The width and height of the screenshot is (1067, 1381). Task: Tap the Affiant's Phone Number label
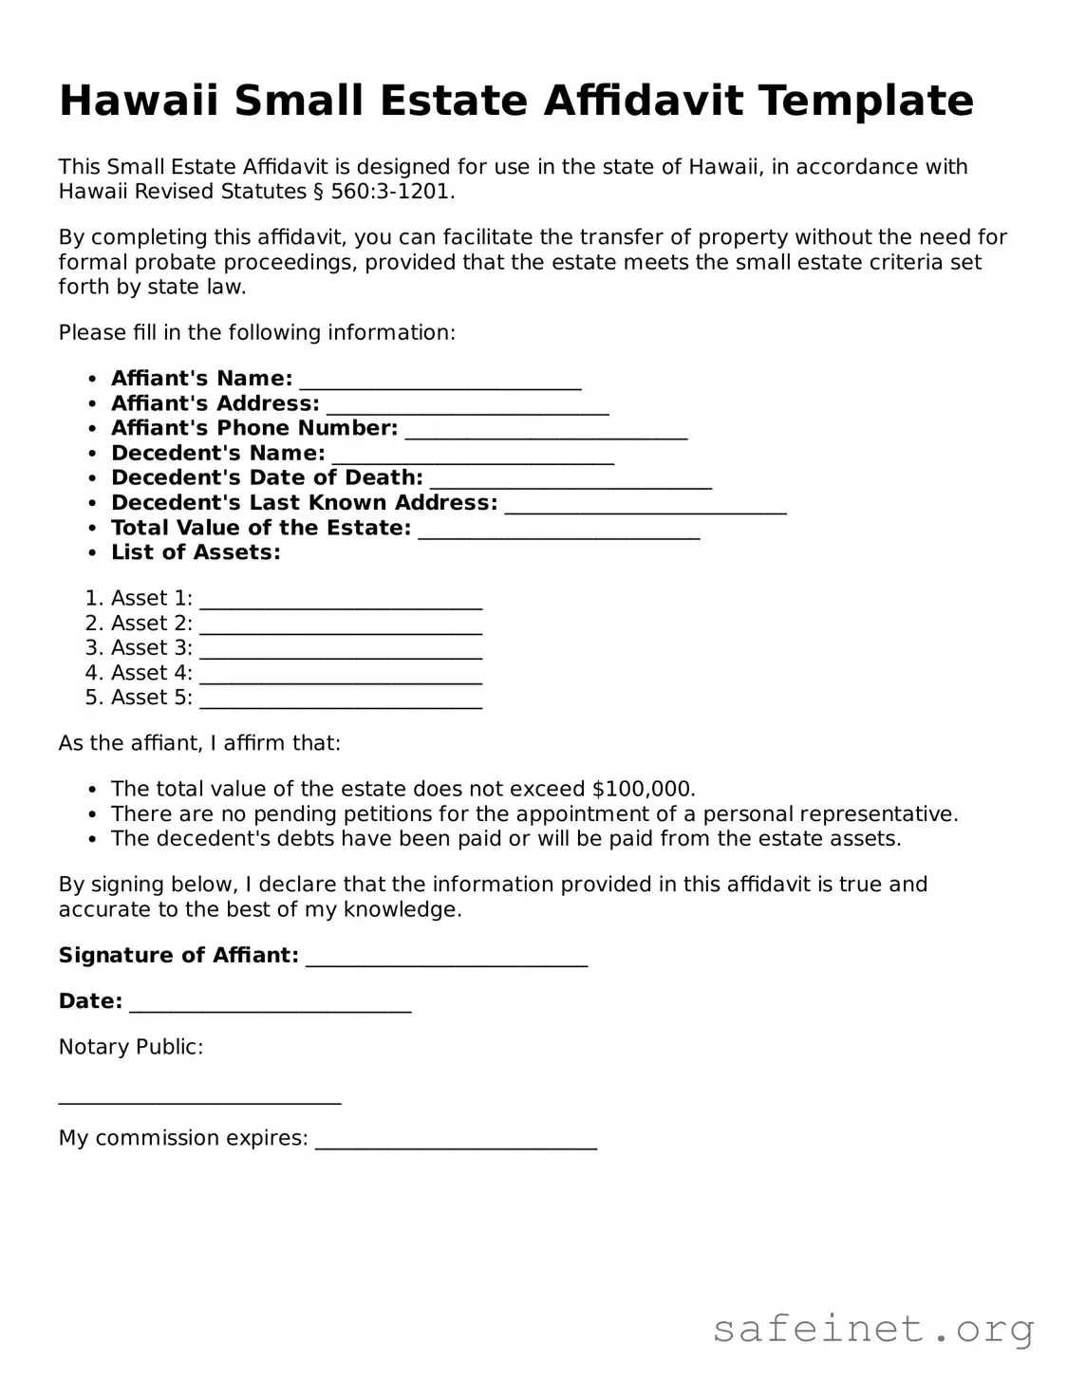pos(254,428)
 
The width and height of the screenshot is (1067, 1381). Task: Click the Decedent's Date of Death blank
pos(571,480)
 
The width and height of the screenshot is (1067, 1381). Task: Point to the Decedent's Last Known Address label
pos(304,503)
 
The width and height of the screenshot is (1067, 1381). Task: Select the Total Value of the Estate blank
pos(559,531)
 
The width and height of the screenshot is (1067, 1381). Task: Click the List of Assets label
pos(196,552)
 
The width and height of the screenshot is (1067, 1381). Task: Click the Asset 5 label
pos(151,698)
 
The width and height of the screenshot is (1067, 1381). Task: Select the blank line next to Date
pos(270,1004)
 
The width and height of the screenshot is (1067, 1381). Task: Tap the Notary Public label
pos(131,1047)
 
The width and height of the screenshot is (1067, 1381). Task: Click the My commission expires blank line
pos(456,1141)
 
